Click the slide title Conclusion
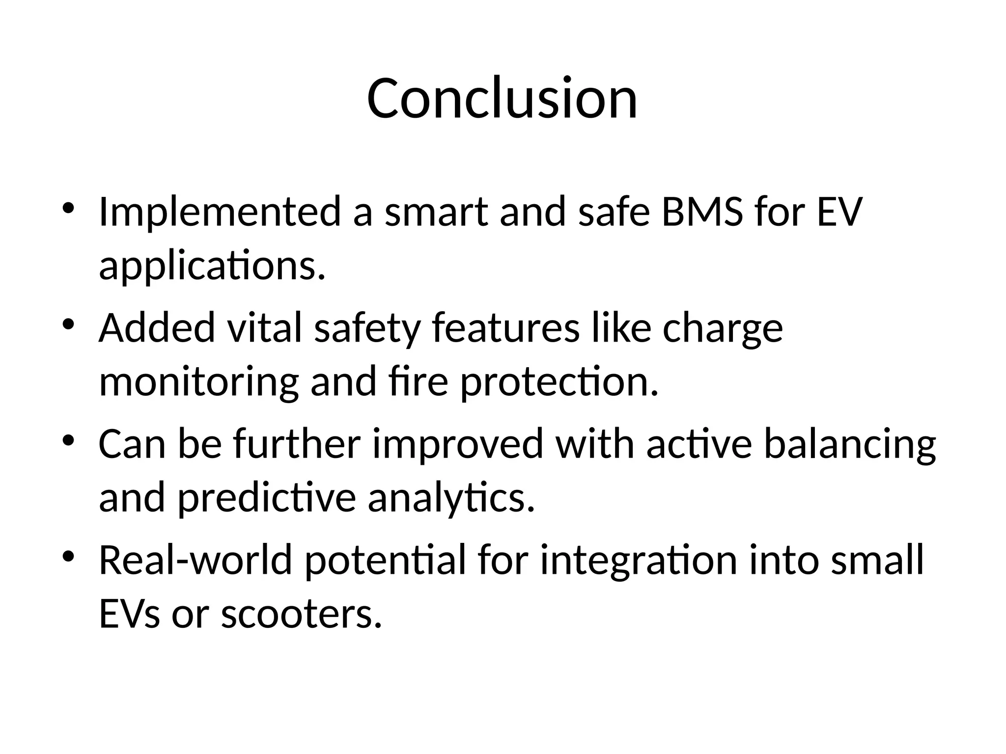click(502, 98)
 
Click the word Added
click(157, 328)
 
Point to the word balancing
click(850, 445)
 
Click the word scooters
click(301, 615)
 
